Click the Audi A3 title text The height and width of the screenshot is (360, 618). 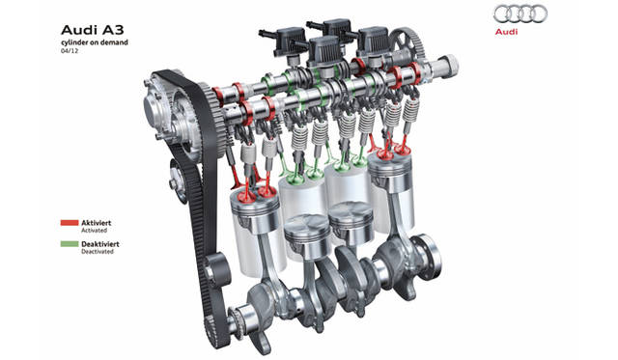pos(92,30)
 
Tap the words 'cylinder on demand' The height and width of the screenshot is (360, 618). pos(95,42)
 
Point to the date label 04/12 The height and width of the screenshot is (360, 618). pos(67,51)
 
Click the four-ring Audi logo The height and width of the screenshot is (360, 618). pos(520,14)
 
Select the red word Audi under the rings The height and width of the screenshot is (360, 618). pos(506,32)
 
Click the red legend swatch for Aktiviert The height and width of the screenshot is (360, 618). pos(70,223)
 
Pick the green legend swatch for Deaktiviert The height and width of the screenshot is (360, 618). pos(70,244)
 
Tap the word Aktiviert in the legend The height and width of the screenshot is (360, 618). pos(97,223)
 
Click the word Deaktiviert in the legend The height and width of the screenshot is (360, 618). pos(100,244)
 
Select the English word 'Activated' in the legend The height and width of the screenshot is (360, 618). pos(95,231)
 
